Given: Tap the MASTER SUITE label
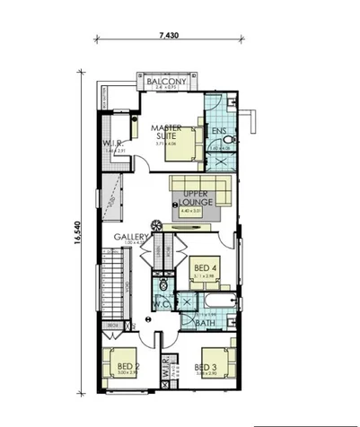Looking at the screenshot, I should click(x=168, y=132).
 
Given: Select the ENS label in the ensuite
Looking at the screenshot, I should click(x=218, y=131).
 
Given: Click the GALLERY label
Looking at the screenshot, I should click(x=131, y=237).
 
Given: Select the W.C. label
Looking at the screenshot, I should click(x=162, y=304).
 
